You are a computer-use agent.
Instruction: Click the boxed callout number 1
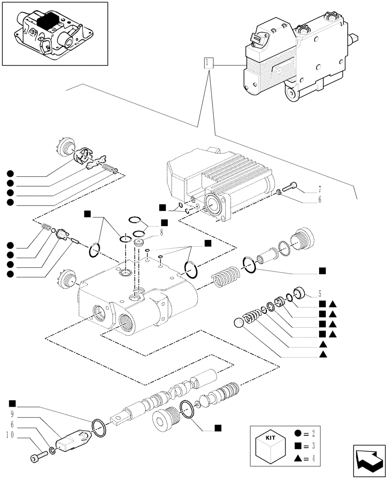point(207,62)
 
